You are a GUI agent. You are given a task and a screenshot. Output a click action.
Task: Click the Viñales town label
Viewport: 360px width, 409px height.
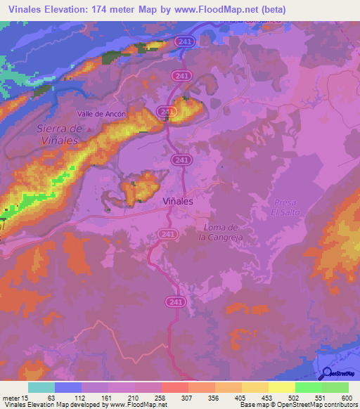178,200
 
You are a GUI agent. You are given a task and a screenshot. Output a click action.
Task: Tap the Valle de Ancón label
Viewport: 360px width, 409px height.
102,114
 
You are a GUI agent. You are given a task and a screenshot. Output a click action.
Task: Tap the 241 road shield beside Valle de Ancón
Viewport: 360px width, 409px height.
167,112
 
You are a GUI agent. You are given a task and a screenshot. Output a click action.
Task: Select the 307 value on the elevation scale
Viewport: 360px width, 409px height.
188,397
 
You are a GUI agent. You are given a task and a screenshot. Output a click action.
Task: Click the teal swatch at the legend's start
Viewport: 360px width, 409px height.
41,387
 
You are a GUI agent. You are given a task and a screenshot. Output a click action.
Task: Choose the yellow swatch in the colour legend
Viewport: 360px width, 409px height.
281,387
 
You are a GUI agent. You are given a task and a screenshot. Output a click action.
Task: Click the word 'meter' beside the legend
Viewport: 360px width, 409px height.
10,397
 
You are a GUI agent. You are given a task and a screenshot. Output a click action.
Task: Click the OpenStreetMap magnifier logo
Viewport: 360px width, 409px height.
328,375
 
